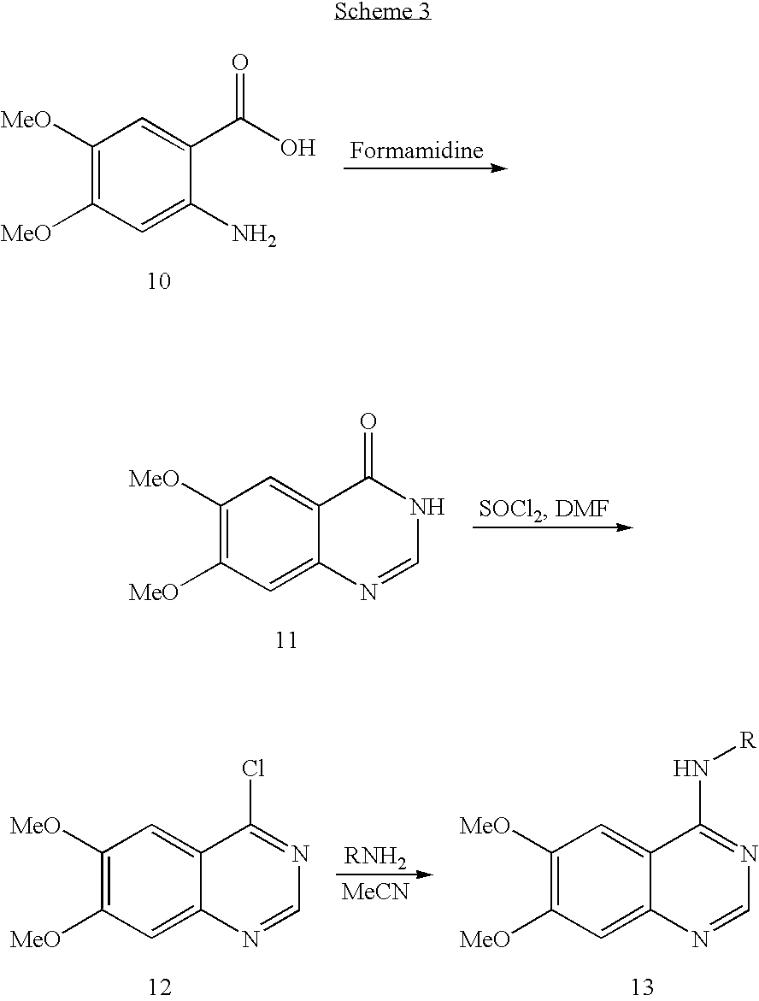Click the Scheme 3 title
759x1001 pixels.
pyautogui.click(x=382, y=11)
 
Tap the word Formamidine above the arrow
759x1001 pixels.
pyautogui.click(x=416, y=150)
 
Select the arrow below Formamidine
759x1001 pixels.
pyautogui.click(x=425, y=168)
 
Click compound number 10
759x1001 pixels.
pyautogui.click(x=159, y=281)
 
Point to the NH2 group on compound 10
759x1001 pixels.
pyautogui.click(x=254, y=235)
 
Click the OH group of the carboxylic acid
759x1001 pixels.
pyautogui.click(x=297, y=148)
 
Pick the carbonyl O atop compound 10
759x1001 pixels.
pyautogui.click(x=241, y=63)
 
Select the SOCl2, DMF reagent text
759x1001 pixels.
pyautogui.click(x=544, y=510)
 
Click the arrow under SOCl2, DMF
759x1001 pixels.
pyautogui.click(x=553, y=527)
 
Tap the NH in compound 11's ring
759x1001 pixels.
pyautogui.click(x=427, y=507)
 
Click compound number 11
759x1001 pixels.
pyautogui.click(x=286, y=639)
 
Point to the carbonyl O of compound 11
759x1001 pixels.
pyautogui.click(x=368, y=422)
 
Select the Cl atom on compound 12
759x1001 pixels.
pyautogui.click(x=253, y=768)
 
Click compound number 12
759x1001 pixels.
pyautogui.click(x=159, y=986)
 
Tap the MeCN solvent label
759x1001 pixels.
pyautogui.click(x=375, y=892)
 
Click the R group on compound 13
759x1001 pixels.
pyautogui.click(x=749, y=740)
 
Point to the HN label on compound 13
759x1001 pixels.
pyautogui.click(x=691, y=768)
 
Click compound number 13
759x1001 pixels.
pyautogui.click(x=643, y=986)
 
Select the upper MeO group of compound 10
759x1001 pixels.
pyautogui.click(x=26, y=120)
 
